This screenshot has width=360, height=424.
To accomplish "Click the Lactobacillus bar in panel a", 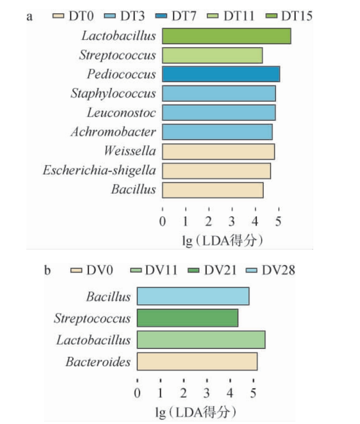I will (226, 36).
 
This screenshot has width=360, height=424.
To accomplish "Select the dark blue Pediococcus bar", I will (221, 74).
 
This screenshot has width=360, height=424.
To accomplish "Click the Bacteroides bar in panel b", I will (197, 361).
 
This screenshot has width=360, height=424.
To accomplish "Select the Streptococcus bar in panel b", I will (187, 318).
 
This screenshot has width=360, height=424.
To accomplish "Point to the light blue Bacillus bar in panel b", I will (193, 297).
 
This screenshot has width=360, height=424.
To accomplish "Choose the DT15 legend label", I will (297, 16).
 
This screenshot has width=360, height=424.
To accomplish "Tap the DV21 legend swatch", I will (195, 270).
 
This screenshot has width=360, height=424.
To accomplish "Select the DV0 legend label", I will (100, 270).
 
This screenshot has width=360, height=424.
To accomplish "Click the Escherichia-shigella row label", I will (99, 170).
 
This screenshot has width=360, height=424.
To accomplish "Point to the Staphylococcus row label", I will (113, 94).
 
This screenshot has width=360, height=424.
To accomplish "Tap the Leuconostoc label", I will (121, 113).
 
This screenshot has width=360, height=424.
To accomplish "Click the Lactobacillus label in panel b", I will (93, 340).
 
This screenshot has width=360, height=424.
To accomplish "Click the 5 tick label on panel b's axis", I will (254, 394).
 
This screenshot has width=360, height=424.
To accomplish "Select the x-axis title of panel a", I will (222, 241).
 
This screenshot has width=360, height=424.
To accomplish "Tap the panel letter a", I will (30, 16).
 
